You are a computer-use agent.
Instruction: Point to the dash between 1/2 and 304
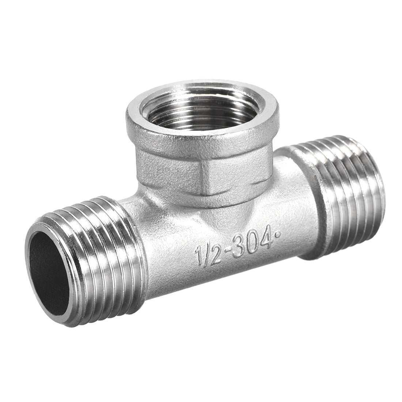[x=223, y=251]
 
